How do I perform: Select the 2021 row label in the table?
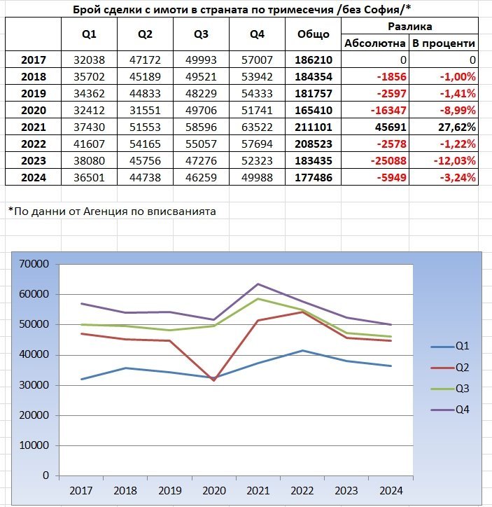pyautogui.click(x=34, y=127)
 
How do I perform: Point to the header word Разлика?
pyautogui.click(x=409, y=26)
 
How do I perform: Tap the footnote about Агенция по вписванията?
pyautogui.click(x=112, y=210)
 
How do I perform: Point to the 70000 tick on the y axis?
pyautogui.click(x=36, y=264)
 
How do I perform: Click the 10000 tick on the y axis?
pyautogui.click(x=36, y=445)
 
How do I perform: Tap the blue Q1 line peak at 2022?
pyautogui.click(x=302, y=350)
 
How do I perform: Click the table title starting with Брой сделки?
pyautogui.click(x=241, y=9)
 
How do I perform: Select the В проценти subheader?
pyautogui.click(x=444, y=43)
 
